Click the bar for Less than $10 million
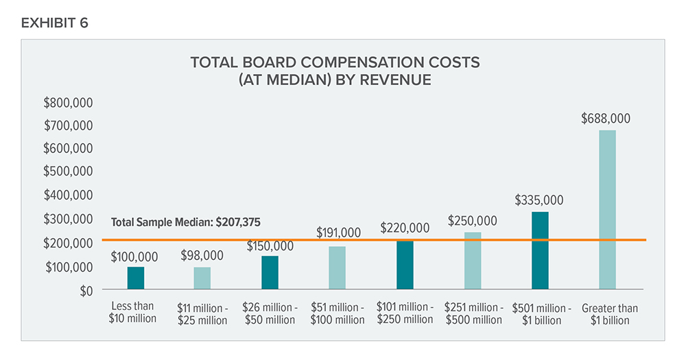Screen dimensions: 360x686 click(x=135, y=278)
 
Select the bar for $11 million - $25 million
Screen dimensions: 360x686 click(x=202, y=278)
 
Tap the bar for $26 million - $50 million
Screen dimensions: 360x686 click(x=270, y=273)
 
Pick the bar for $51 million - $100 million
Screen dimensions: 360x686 click(x=337, y=268)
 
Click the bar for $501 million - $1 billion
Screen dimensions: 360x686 click(x=540, y=251)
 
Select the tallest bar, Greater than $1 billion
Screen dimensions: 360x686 click(x=607, y=210)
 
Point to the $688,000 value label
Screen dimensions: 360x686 click(x=605, y=119)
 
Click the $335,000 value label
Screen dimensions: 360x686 click(x=539, y=200)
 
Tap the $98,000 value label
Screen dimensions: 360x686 click(x=202, y=255)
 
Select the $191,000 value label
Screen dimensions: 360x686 click(x=338, y=233)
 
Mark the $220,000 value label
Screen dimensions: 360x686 click(x=405, y=228)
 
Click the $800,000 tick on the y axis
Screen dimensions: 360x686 click(x=68, y=103)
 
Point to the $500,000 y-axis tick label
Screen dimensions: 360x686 click(x=68, y=171)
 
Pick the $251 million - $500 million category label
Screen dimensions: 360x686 click(x=473, y=314)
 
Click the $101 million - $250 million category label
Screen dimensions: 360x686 click(x=405, y=313)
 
